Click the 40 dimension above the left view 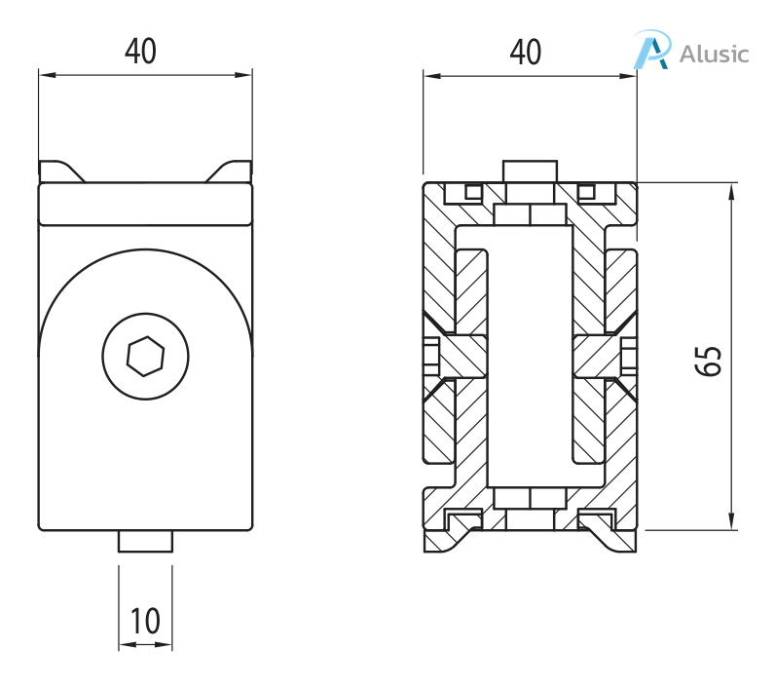[140, 52]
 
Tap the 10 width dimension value [145, 621]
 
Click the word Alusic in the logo [715, 53]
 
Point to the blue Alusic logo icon [651, 50]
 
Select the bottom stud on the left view [145, 542]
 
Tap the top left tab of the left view [60, 172]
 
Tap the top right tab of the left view [230, 172]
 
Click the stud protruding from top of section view [529, 172]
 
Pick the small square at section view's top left [473, 191]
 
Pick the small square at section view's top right [586, 191]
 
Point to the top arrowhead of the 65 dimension [730, 190]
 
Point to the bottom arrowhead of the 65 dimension [730, 523]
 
